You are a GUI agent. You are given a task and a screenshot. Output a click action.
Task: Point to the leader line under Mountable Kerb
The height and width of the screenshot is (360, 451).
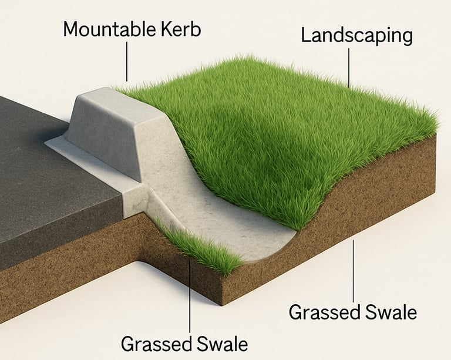[127, 62]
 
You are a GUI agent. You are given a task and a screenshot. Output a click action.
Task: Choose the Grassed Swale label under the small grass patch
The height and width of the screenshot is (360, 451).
[184, 343]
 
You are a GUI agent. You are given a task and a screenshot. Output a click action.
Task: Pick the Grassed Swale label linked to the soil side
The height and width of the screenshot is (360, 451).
[352, 312]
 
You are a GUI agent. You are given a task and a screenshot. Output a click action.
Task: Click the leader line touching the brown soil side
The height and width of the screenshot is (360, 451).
[353, 270]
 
